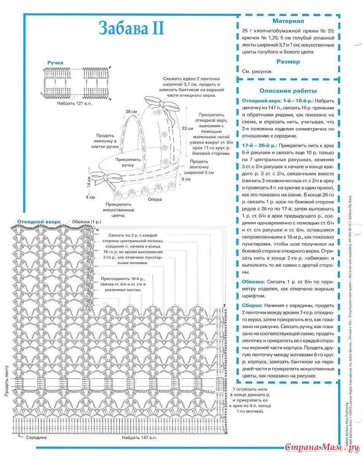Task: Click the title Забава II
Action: click(132, 28)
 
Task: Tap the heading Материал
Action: click(288, 21)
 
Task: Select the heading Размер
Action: click(288, 62)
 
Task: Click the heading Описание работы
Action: click(288, 91)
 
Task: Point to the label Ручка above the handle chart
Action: click(55, 62)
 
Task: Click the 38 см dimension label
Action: click(132, 112)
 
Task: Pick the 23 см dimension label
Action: click(186, 128)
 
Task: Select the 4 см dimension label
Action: click(90, 198)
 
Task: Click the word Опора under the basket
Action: click(155, 199)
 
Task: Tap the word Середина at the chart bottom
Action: click(36, 437)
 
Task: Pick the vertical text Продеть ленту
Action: click(6, 380)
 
